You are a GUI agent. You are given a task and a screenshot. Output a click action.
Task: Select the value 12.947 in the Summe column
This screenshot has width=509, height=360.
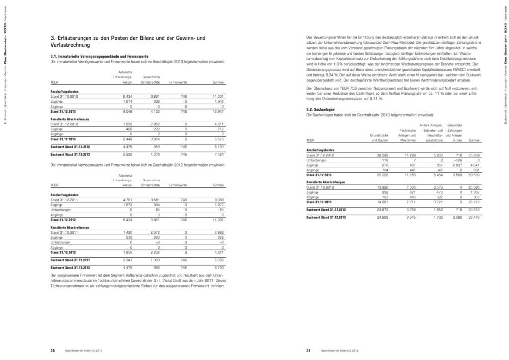coord(218,112)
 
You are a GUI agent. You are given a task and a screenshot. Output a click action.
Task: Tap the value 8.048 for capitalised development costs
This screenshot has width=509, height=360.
coord(128,112)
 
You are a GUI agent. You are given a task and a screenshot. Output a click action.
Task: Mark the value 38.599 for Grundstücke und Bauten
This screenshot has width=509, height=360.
coord(381,156)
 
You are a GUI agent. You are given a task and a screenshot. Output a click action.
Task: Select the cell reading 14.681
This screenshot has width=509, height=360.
coord(381,202)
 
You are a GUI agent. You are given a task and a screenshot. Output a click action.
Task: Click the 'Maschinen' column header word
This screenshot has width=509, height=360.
coord(407,140)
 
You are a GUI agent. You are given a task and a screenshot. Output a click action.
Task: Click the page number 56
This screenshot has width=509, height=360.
coord(52,350)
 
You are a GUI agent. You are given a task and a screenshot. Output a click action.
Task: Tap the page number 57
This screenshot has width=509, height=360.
coord(308,350)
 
